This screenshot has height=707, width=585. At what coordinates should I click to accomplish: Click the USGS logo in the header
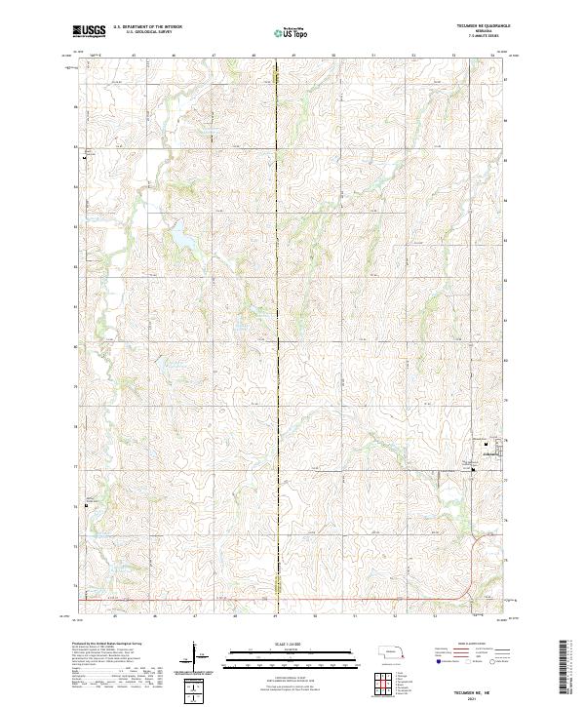coord(89,31)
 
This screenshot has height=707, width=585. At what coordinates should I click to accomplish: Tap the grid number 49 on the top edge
coord(292,57)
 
